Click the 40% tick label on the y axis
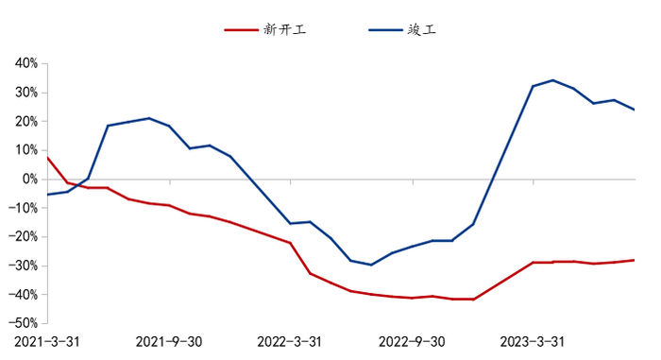pos(25,63)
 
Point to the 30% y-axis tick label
pos(25,93)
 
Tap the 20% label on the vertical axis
pos(25,121)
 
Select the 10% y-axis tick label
pos(25,150)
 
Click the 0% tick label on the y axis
pos(28,179)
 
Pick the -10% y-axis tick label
pos(24,208)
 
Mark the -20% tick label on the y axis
pos(24,236)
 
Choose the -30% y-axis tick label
pos(24,266)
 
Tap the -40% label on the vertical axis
pos(24,294)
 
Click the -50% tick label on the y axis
pos(24,323)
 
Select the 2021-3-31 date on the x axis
pos(46,341)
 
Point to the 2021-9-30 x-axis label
pos(169,341)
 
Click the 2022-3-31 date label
pos(290,341)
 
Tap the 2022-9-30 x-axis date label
pos(411,341)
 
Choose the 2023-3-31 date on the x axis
pos(533,341)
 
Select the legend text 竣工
pos(422,29)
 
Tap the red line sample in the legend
pos(242,29)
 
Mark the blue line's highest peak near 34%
pos(552,80)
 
